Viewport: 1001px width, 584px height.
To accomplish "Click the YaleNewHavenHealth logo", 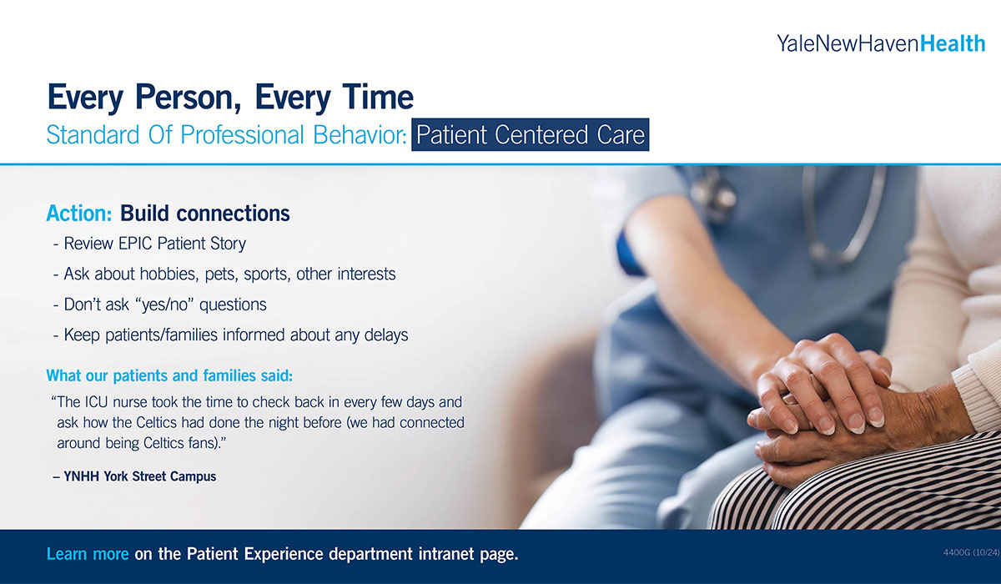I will tap(881, 43).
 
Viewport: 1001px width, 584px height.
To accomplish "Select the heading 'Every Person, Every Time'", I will tap(230, 98).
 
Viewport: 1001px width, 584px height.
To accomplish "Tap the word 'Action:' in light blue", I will tap(79, 214).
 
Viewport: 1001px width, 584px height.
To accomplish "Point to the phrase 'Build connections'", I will tap(205, 214).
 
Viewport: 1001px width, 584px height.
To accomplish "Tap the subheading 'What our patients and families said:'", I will tap(169, 375).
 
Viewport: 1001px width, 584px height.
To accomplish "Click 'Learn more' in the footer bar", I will tap(88, 554).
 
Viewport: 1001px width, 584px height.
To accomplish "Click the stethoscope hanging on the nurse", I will tap(843, 217).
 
